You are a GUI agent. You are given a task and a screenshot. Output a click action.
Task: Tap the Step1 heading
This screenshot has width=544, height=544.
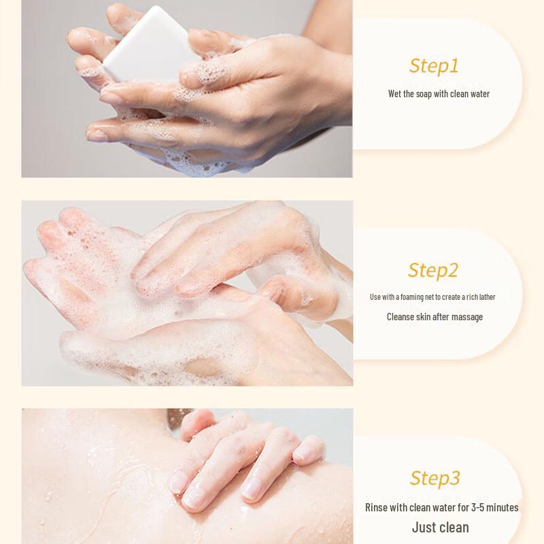coord(434,66)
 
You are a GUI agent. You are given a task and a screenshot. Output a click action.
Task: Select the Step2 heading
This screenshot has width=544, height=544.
coord(433,270)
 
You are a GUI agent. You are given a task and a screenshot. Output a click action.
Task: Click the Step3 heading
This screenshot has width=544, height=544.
coord(435,478)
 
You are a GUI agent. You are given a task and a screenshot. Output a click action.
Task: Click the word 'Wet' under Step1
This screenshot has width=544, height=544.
coord(395,94)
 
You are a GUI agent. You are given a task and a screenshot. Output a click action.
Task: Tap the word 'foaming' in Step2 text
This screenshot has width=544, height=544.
coord(412,297)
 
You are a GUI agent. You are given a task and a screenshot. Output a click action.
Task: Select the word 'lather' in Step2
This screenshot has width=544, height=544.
coord(487,297)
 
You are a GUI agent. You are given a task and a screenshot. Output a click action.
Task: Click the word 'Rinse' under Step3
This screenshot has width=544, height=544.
coord(376,507)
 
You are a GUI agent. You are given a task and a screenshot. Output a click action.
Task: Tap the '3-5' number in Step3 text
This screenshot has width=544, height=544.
coord(477,507)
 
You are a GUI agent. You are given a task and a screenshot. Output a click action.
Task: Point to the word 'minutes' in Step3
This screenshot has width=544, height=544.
coord(502,507)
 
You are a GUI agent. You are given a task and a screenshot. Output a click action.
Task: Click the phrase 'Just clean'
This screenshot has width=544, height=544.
coord(440,528)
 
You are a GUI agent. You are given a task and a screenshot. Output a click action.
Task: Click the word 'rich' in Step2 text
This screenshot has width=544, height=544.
coord(472,297)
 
